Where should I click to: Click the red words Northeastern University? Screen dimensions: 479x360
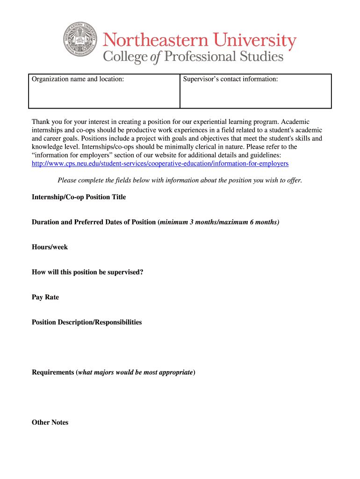coord(200,41)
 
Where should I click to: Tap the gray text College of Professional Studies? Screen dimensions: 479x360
coord(193,57)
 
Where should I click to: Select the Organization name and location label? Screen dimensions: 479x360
coord(78,79)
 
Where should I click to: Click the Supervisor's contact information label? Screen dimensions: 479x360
coord(230,79)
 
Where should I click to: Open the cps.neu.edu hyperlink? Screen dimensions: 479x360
coord(160,163)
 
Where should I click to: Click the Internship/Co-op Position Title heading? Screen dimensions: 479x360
coord(79,197)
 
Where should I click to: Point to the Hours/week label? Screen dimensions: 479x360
coord(50,247)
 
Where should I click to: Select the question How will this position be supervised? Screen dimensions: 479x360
coord(87,272)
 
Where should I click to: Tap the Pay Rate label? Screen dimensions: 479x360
coord(45,297)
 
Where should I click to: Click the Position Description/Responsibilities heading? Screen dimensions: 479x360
coord(86,322)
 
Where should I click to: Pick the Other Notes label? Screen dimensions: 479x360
coord(50,422)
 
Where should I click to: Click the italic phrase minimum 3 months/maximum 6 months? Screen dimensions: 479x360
coord(219,222)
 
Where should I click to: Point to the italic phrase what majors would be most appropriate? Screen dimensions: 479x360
coord(136,372)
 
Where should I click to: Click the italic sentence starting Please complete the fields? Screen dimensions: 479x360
coord(180,180)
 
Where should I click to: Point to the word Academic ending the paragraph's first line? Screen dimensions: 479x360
coord(295,122)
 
